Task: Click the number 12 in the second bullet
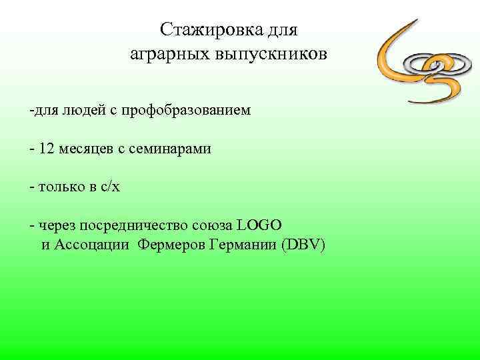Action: [x=47, y=149]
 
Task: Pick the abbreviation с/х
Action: [x=110, y=187]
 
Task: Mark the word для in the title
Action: [x=282, y=30]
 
